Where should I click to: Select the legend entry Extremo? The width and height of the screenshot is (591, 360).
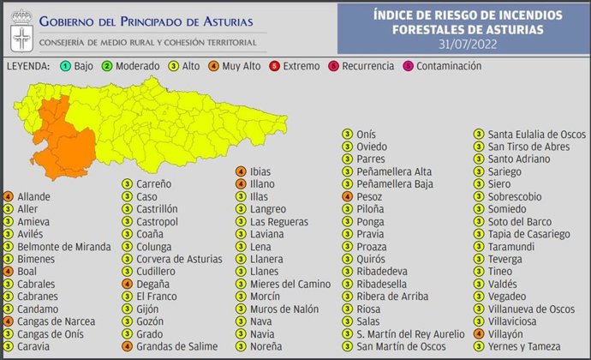[301, 66]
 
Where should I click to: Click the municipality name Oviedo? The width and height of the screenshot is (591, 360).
[372, 147]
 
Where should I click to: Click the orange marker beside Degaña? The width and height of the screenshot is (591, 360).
[127, 284]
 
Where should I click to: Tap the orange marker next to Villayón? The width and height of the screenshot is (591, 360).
[479, 333]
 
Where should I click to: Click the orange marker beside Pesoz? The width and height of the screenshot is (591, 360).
[347, 196]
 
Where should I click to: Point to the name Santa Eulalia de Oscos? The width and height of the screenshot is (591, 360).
[536, 135]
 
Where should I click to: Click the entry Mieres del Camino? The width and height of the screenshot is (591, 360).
[283, 284]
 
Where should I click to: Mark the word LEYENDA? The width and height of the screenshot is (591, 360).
[27, 66]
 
